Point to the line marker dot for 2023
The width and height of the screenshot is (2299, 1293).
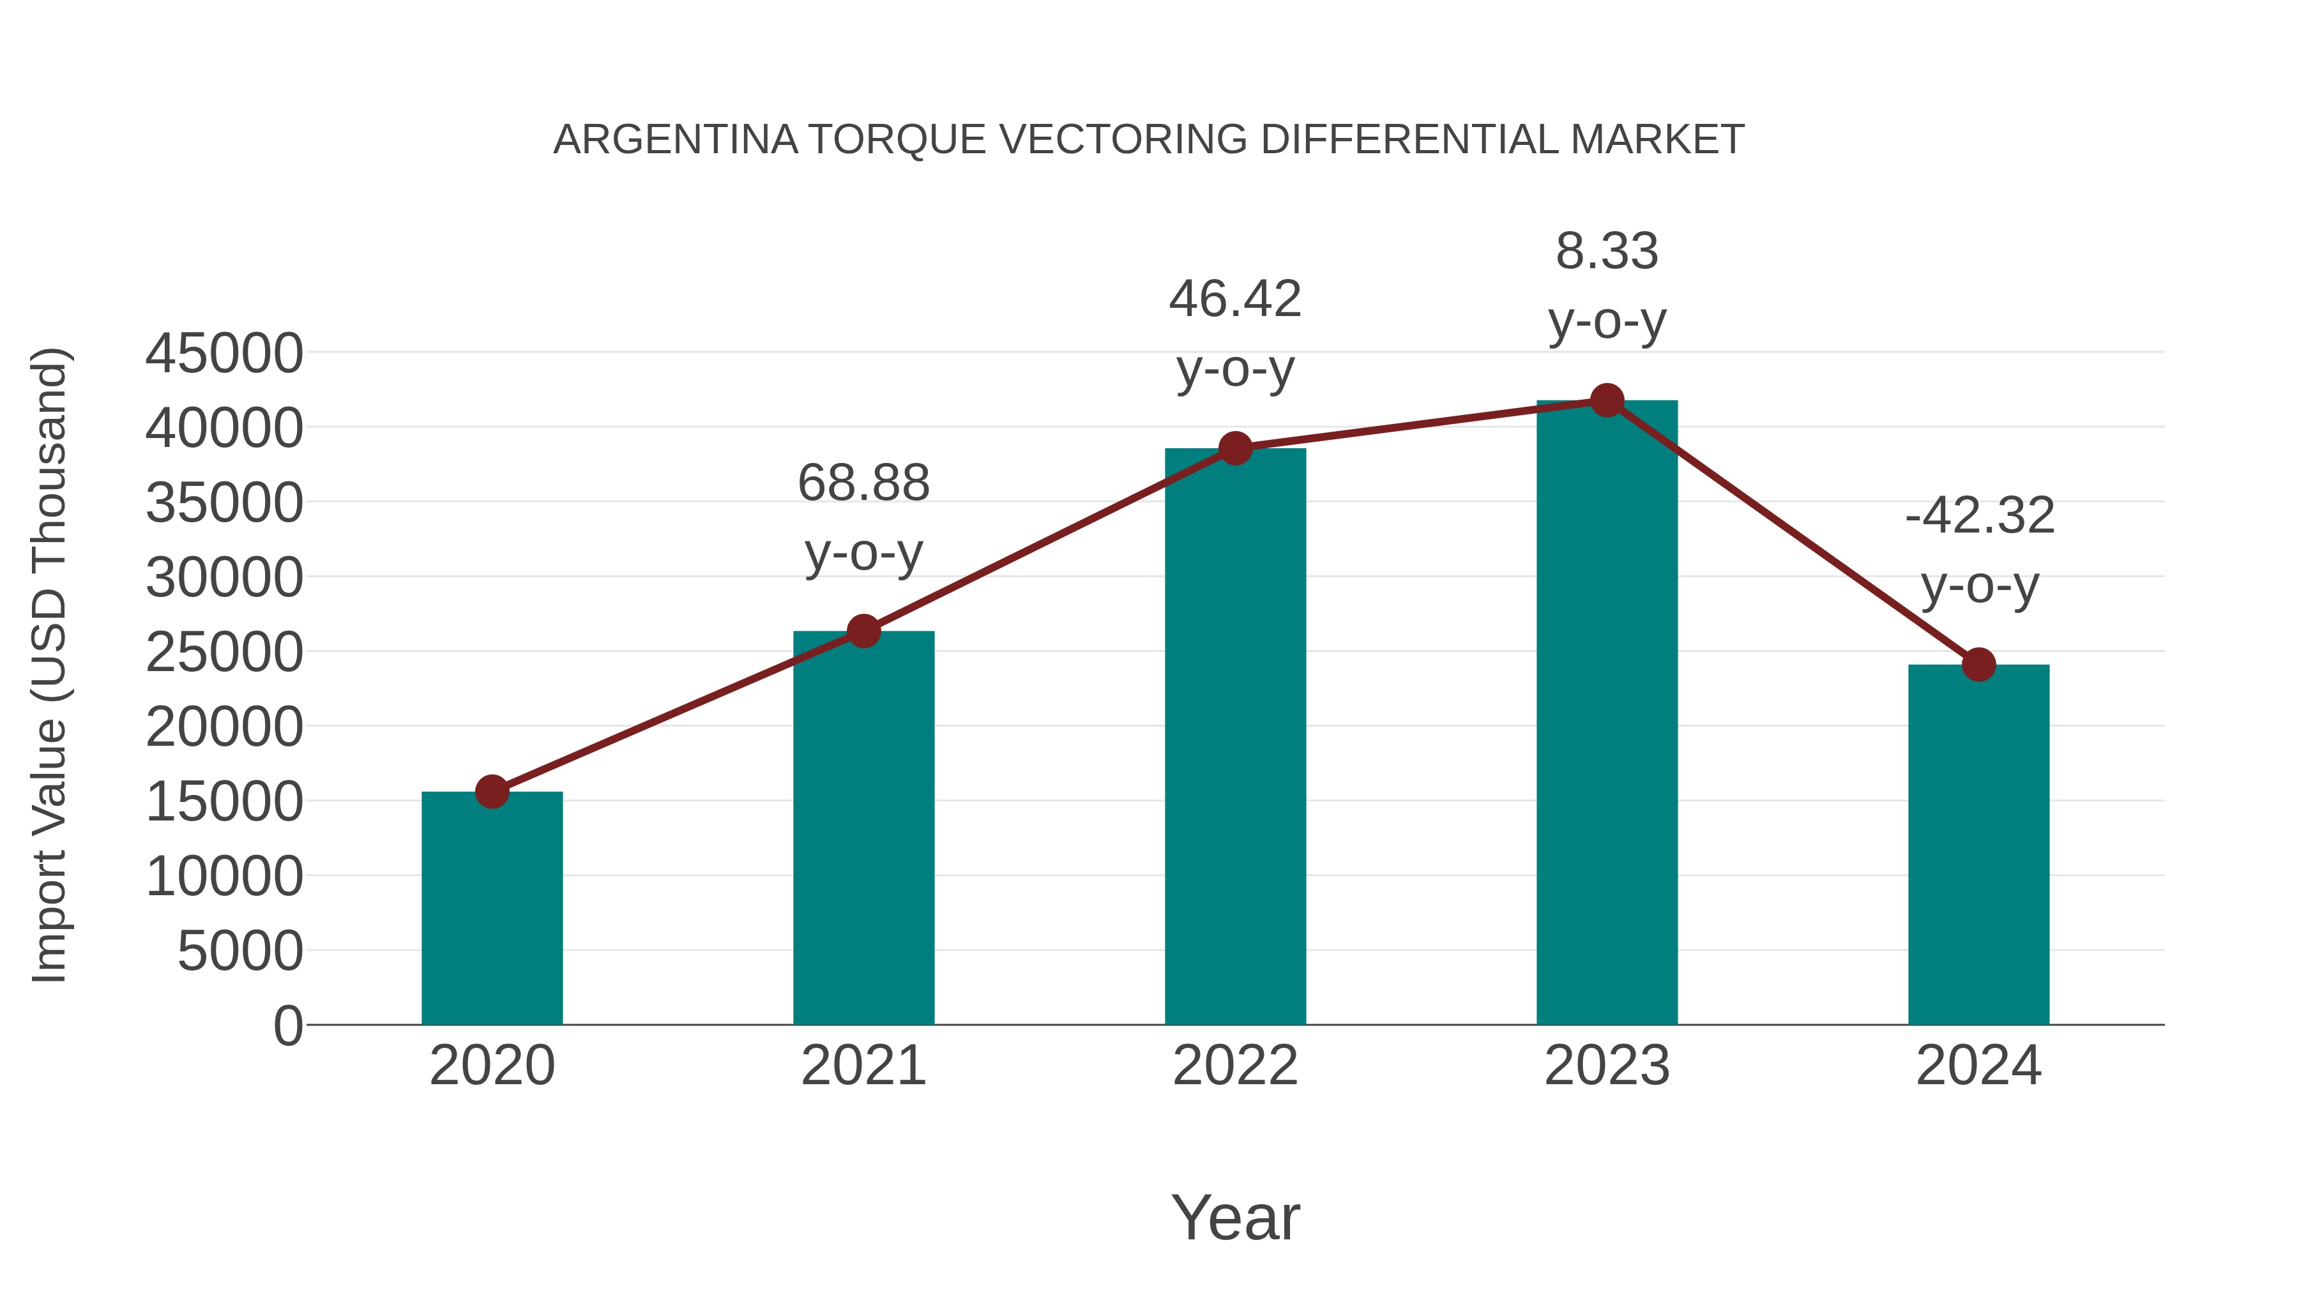point(1607,400)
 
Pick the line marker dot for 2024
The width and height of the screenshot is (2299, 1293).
point(1978,665)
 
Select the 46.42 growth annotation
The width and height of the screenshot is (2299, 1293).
point(1235,334)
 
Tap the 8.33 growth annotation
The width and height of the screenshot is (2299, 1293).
point(1607,285)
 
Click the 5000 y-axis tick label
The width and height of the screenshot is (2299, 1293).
point(240,951)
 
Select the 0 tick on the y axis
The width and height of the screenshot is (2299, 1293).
point(288,1026)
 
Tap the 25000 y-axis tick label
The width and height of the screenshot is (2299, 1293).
point(224,653)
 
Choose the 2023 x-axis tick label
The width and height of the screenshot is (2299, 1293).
point(1607,1066)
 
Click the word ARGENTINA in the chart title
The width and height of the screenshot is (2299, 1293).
point(676,140)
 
